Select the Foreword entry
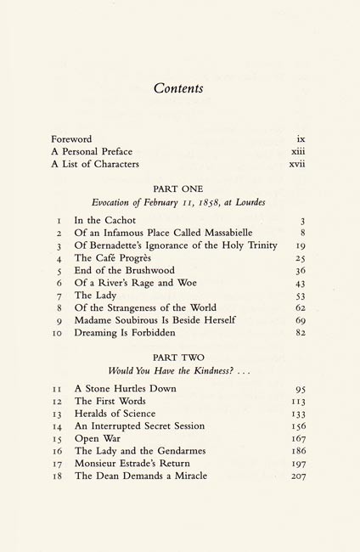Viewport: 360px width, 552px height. tap(71, 138)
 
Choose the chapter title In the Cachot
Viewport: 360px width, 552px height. tap(110, 220)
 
